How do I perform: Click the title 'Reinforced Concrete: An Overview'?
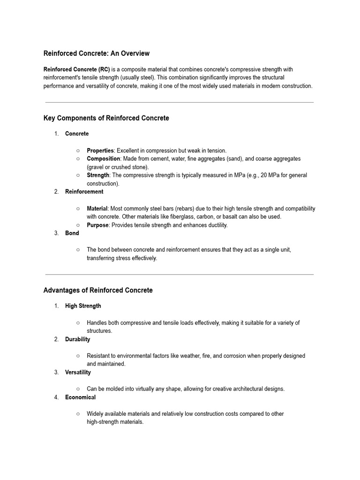97,53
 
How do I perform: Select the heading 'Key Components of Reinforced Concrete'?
106,118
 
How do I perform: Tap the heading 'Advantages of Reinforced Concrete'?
98,290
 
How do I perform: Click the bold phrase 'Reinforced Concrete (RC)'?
76,69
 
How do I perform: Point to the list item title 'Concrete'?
77,134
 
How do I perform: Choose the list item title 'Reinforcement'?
84,192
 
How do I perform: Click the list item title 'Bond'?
72,233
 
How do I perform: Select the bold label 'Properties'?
100,150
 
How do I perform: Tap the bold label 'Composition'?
103,159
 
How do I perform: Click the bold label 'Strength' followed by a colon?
98,175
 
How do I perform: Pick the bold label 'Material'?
97,209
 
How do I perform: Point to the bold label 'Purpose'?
97,225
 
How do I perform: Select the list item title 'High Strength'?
83,306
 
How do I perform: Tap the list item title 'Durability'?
77,339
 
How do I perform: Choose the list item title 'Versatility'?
78,372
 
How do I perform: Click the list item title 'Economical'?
80,397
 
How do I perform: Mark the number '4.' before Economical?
56,397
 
